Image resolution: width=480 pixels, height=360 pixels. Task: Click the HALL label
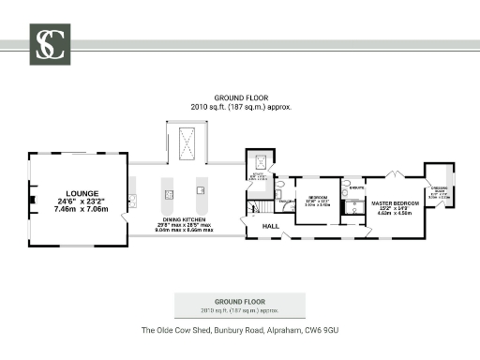[x=271, y=227]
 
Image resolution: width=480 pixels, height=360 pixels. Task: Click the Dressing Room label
[x=439, y=190]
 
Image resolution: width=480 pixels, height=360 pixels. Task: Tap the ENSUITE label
[x=355, y=188]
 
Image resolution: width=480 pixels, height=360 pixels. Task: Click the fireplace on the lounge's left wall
[x=32, y=201]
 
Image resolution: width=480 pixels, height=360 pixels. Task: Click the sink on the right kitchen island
[x=201, y=190]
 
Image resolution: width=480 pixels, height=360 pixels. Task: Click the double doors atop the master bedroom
[x=397, y=173]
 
